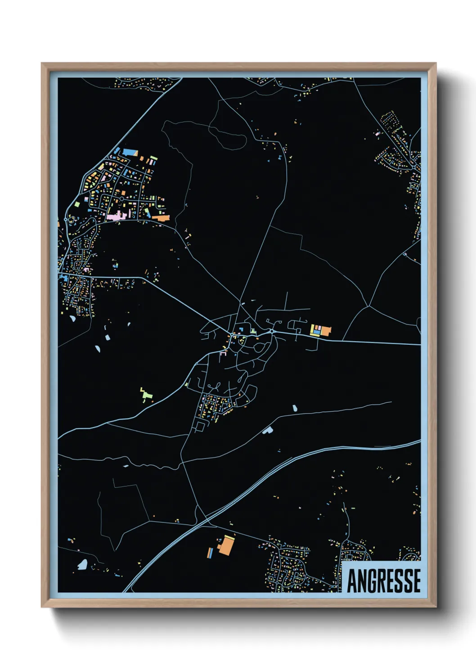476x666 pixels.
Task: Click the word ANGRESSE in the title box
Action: (384, 580)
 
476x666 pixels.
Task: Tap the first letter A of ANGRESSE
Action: (352, 580)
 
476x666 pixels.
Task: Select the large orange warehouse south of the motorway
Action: (226, 546)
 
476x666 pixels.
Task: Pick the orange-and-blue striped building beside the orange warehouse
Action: (210, 553)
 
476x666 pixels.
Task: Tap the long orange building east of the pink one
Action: (161, 218)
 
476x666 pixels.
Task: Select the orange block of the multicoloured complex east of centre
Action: (326, 331)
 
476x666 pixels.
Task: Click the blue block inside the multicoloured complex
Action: (317, 332)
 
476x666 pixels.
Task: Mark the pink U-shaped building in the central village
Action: (222, 354)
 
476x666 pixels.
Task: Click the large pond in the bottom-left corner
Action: (82, 564)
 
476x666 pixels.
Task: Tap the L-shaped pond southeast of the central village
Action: (268, 430)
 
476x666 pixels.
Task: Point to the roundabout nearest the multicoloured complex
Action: (272, 332)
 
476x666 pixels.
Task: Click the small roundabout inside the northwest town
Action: (121, 198)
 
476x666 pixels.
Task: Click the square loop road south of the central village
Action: (199, 426)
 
